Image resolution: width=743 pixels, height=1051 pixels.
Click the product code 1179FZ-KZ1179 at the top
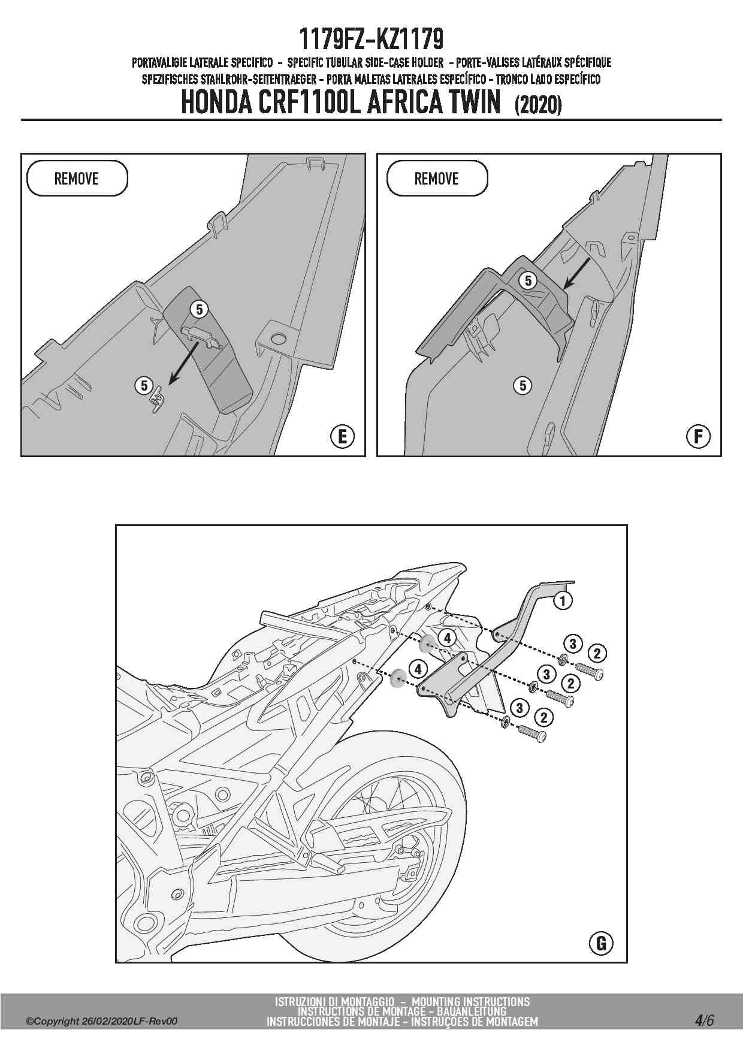371,40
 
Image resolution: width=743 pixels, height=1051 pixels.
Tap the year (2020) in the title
537,105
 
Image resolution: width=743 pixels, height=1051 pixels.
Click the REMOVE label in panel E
76,179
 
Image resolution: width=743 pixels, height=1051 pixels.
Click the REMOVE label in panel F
436,179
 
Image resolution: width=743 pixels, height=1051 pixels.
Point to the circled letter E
342,436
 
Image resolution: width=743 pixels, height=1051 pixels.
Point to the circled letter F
698,436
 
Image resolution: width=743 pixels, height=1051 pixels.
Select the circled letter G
601,944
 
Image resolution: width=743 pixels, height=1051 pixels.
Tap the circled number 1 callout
562,600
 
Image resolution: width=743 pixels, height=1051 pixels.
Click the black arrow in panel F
576,273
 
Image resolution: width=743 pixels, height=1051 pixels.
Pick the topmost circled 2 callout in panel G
597,653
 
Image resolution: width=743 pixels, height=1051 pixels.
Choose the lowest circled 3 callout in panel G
520,708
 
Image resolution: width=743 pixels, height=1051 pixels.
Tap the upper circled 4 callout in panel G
447,638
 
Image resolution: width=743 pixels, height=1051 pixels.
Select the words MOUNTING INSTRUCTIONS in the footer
470,1002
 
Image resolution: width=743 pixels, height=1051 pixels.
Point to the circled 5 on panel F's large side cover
522,386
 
